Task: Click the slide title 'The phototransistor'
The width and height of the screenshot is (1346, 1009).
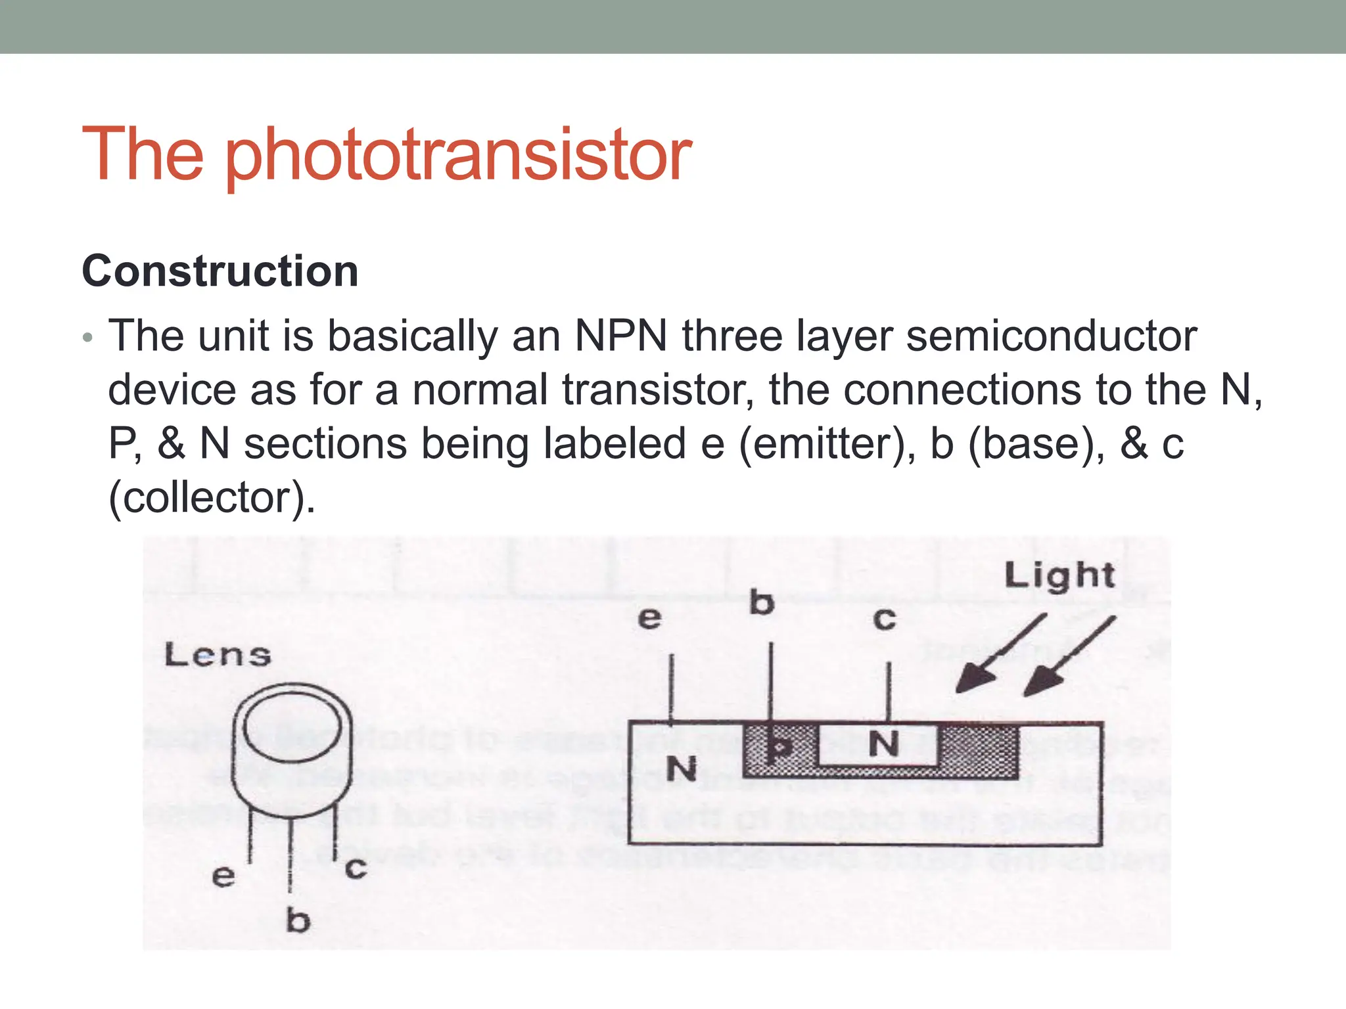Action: click(386, 155)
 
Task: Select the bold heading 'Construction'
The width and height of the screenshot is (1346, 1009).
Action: click(220, 271)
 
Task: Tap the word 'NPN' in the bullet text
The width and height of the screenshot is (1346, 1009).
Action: click(621, 336)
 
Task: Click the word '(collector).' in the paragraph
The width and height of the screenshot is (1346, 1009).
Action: click(212, 498)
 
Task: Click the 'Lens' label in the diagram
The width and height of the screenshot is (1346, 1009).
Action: click(218, 655)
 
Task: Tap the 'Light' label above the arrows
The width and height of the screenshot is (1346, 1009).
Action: click(1059, 575)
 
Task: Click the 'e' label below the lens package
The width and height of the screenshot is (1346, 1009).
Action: click(223, 876)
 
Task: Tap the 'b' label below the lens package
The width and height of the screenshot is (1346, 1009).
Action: click(298, 920)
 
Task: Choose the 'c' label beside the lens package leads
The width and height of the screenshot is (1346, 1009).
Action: click(356, 868)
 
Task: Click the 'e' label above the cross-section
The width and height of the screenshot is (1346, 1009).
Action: click(649, 618)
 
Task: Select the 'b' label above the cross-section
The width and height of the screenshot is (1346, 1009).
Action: click(762, 603)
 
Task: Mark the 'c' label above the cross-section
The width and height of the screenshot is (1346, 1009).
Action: click(884, 619)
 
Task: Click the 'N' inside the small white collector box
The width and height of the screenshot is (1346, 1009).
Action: click(883, 745)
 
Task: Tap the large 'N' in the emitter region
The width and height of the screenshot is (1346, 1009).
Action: click(682, 769)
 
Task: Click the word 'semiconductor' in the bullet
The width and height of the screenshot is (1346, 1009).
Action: click(1052, 336)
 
